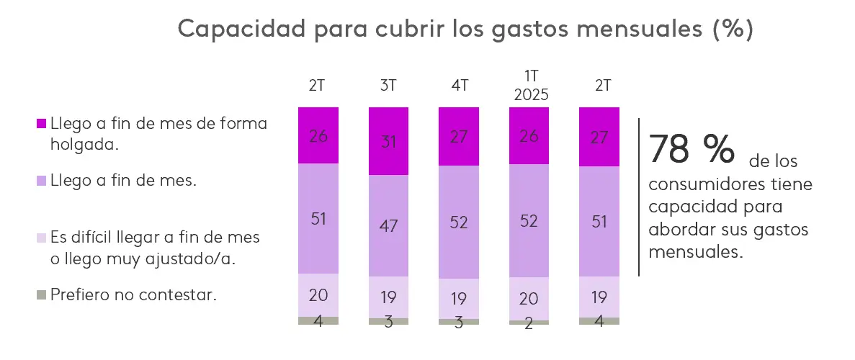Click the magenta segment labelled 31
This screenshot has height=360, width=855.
click(388, 141)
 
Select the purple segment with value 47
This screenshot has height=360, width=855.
click(388, 225)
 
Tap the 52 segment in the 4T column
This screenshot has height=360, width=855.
click(459, 222)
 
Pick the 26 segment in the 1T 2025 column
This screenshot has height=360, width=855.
click(529, 135)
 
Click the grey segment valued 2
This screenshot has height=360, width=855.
click(529, 323)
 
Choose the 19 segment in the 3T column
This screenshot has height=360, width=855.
click(388, 297)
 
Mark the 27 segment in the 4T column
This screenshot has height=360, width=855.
click(459, 136)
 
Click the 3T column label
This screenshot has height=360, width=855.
click(388, 86)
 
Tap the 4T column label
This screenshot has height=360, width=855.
click(459, 86)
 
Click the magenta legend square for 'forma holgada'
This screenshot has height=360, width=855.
click(41, 124)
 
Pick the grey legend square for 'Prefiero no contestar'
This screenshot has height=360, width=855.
click(41, 294)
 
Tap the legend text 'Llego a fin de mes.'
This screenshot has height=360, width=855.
click(123, 181)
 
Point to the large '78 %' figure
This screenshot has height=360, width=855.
click(691, 148)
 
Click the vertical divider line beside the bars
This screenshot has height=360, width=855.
click(639, 197)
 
